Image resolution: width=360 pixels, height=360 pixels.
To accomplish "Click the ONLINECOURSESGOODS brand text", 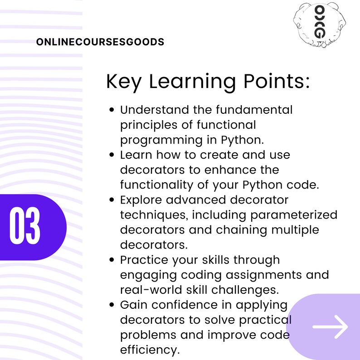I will tap(100, 42).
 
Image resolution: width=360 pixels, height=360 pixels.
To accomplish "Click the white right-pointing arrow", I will tap(330, 326).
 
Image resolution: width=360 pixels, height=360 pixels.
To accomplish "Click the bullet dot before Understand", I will tap(112, 110).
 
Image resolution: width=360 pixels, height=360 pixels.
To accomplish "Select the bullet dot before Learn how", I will tap(112, 155).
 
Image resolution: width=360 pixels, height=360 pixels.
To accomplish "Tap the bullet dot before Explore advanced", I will tap(112, 200).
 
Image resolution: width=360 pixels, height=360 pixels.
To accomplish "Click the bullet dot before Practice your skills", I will tap(112, 260).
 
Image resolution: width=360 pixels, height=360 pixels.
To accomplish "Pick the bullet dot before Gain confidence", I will tap(112, 305).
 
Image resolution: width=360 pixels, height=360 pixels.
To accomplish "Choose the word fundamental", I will tap(254, 110).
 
